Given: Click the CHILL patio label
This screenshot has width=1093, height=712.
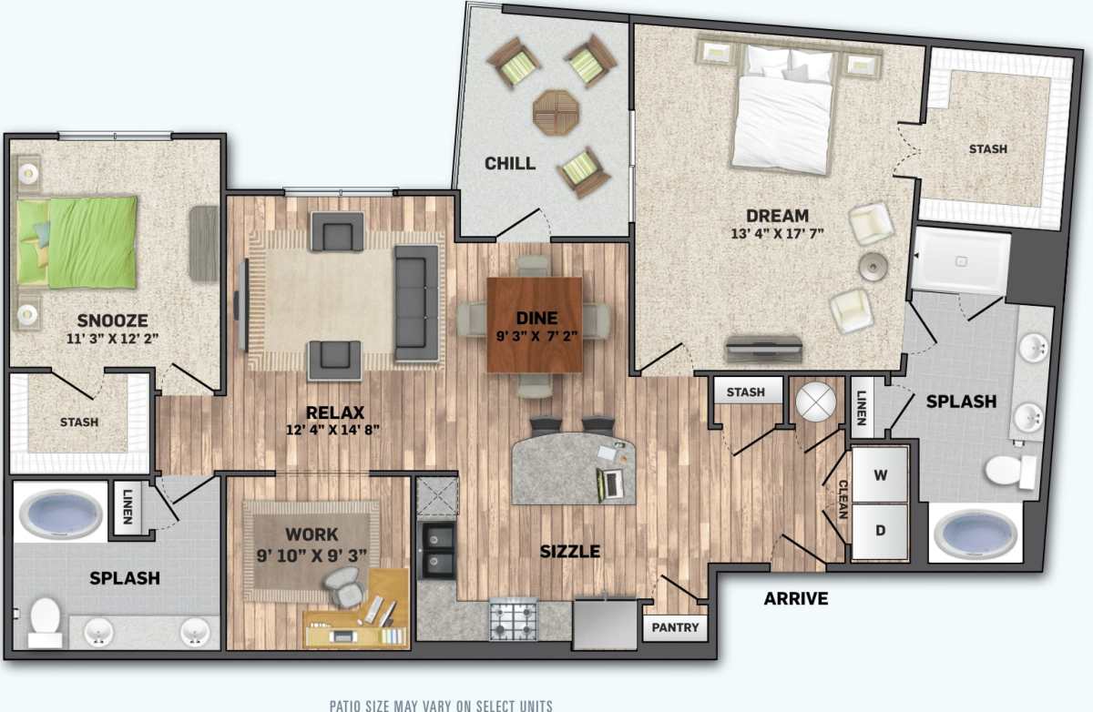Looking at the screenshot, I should point(509,164).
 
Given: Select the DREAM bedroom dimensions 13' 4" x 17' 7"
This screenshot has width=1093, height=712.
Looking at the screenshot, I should point(777,234).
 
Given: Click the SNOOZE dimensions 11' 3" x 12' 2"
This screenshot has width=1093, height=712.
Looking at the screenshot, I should point(113,339).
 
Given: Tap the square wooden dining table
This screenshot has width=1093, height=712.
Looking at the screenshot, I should point(535,324).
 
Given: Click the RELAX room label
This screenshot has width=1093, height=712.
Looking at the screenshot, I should point(335,412).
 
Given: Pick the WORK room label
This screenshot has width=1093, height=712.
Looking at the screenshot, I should point(312,534).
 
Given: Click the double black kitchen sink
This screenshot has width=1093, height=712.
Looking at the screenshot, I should point(437,550).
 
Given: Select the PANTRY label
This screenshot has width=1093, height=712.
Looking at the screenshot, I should point(675,627).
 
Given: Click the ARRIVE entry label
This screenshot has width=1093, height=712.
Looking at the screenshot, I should point(795,598).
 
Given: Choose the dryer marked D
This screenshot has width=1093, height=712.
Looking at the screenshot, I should point(880,530).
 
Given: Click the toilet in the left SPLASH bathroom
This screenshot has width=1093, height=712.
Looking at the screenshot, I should point(44,623).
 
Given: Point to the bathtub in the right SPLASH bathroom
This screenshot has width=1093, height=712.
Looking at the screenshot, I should point(976,534).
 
